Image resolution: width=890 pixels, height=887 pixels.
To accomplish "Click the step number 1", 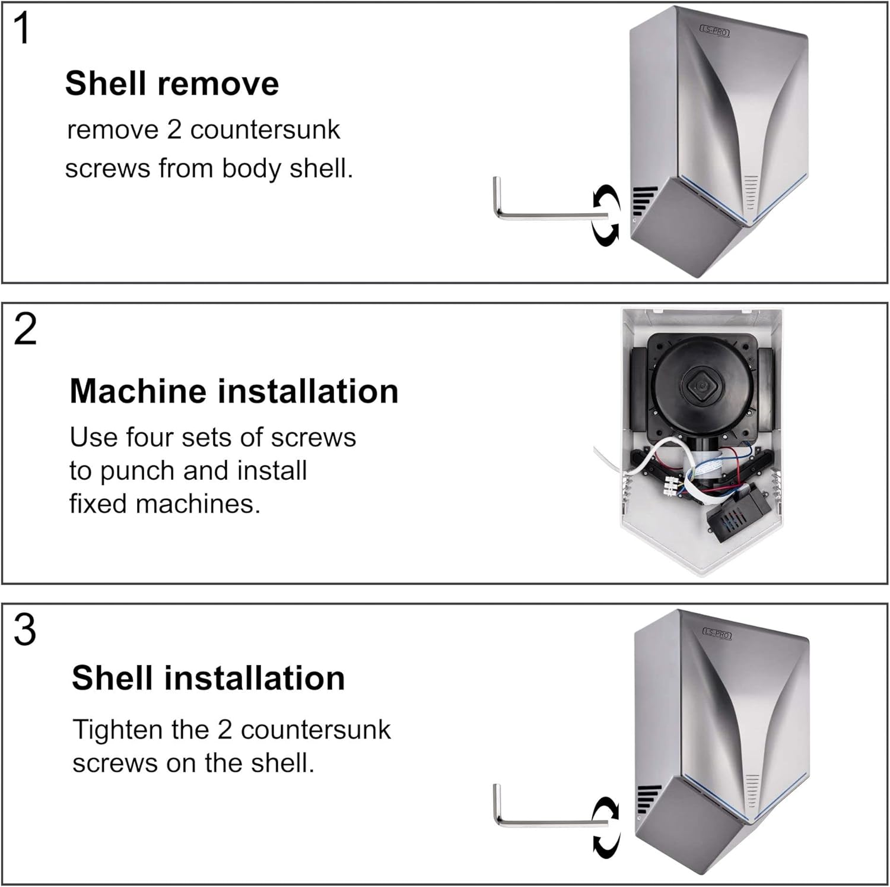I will (23, 29).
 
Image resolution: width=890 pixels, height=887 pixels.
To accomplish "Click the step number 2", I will (25, 330).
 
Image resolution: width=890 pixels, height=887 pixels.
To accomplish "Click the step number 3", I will (25, 630).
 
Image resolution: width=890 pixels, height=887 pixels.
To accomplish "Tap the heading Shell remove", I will (171, 83).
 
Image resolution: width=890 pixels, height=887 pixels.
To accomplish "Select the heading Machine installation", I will (234, 391).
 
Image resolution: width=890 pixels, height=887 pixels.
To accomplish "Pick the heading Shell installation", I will (208, 678).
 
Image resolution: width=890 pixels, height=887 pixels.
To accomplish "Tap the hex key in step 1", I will (534, 214).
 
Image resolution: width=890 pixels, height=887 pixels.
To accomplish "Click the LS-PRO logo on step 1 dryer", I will (714, 31).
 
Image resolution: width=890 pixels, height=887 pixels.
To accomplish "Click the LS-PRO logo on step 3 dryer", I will (717, 633).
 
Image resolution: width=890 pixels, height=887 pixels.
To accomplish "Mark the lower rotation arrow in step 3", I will (607, 845).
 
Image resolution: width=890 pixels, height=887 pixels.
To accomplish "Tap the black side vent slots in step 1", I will (644, 201).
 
